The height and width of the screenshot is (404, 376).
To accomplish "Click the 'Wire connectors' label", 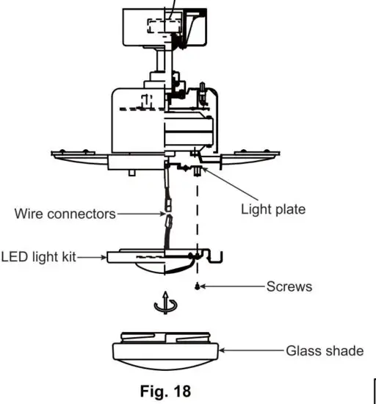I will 65,214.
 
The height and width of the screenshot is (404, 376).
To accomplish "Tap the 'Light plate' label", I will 273,209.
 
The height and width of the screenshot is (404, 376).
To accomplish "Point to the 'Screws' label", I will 289,286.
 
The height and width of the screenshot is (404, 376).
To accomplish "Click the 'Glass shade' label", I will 325,350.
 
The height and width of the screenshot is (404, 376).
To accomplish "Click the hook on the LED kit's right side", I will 214,254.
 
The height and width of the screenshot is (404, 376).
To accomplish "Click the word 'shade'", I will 344,350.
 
